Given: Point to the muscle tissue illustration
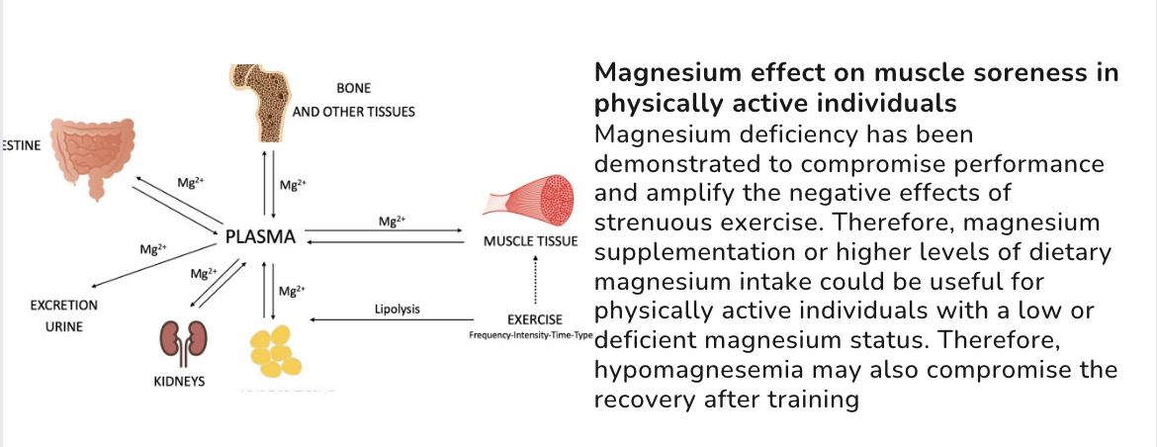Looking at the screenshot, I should coord(528,197).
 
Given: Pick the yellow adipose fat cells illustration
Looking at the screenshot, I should coord(274,355).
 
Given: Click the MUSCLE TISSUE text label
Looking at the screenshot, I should coord(529,241).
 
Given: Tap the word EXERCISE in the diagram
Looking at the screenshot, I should coord(535,319).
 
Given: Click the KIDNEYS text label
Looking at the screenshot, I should coord(179,381).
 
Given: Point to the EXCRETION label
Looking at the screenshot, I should coord(64,306).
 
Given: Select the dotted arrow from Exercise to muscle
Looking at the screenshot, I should coord(535,281).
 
